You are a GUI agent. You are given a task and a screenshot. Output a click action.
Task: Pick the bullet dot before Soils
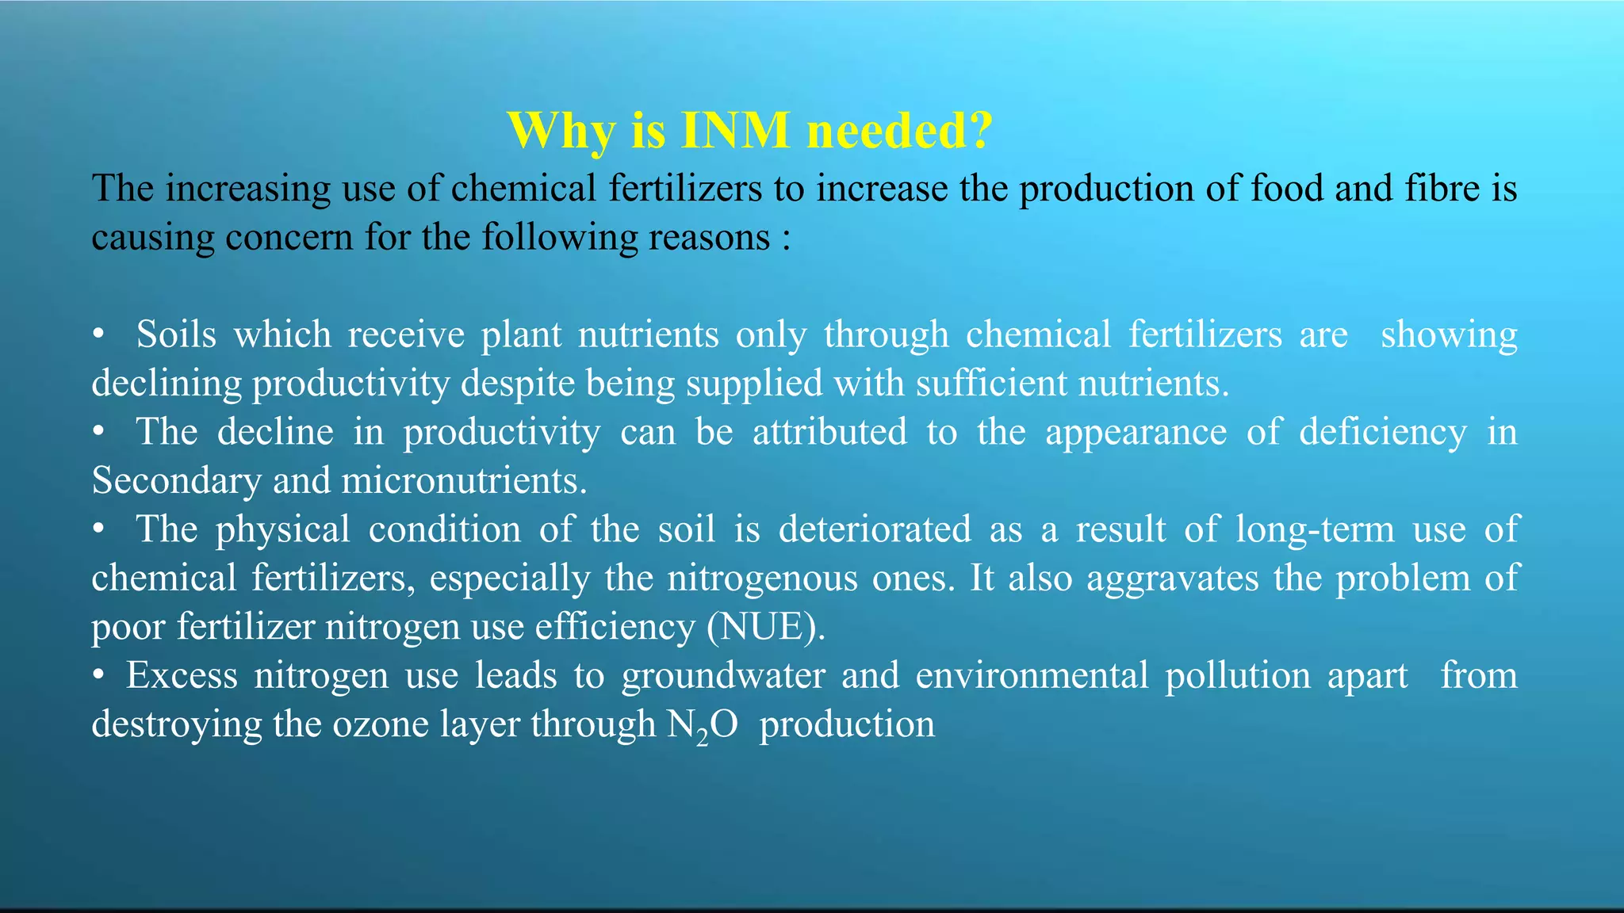click(x=98, y=335)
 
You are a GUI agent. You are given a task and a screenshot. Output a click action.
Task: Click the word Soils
click(x=176, y=334)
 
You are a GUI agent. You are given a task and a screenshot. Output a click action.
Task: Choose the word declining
click(x=167, y=384)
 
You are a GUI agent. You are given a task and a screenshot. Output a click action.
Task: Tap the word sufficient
click(x=992, y=384)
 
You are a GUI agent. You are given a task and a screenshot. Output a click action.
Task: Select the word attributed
click(x=829, y=433)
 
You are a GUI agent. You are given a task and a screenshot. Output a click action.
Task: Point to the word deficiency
click(x=1383, y=434)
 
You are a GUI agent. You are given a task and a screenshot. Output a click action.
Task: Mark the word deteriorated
click(x=875, y=529)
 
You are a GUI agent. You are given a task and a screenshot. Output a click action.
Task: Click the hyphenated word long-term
click(x=1315, y=529)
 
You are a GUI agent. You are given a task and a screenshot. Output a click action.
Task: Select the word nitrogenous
click(x=762, y=579)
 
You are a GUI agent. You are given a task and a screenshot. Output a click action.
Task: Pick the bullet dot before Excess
click(x=98, y=676)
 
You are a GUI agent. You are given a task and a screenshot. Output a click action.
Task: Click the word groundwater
click(x=722, y=676)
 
